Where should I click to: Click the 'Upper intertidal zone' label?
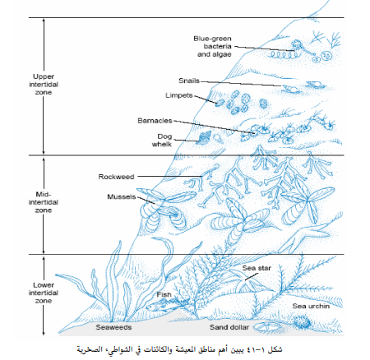click(x=44, y=85)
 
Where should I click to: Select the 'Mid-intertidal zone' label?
click(x=44, y=202)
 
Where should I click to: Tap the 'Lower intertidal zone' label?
click(x=44, y=293)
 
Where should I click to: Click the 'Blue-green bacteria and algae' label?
click(x=213, y=46)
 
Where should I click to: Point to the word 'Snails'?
click(x=189, y=81)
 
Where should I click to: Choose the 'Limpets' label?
click(x=179, y=95)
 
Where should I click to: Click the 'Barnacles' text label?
click(x=155, y=121)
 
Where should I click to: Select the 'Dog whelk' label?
click(x=162, y=141)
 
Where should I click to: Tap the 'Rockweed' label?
click(x=116, y=177)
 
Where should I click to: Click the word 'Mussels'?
click(x=122, y=196)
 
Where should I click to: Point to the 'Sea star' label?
click(x=257, y=268)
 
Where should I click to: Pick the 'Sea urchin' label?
click(x=311, y=306)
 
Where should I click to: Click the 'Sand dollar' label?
click(x=229, y=327)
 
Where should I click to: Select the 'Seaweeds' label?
click(x=113, y=327)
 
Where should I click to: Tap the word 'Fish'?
click(x=164, y=295)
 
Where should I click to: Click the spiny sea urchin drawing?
click(x=303, y=322)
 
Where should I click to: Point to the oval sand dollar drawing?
click(x=266, y=327)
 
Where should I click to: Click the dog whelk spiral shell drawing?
click(x=204, y=137)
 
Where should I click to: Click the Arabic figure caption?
click(x=179, y=349)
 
